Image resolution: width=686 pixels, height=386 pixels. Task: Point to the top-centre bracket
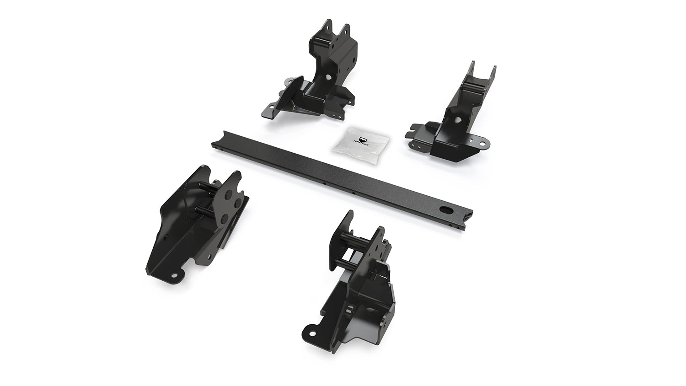point(316,73)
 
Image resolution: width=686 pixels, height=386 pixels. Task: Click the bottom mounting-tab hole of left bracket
point(175,276)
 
